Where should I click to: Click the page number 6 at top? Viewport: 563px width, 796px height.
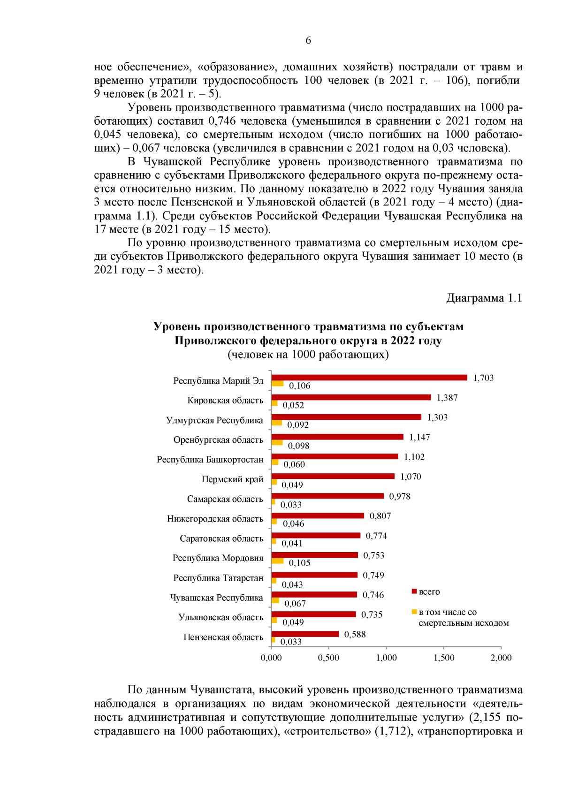[308, 40]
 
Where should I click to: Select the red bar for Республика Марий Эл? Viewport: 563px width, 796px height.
[369, 378]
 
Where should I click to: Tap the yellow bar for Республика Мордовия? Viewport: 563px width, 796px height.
[278, 561]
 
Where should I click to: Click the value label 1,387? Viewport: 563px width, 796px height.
[447, 398]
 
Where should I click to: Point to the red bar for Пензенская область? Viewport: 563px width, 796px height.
[305, 634]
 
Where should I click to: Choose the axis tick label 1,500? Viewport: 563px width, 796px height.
[444, 658]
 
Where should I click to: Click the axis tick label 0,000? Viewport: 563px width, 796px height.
[271, 658]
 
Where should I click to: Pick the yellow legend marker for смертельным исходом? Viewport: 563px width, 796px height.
[414, 612]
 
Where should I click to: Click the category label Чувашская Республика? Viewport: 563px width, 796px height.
[216, 598]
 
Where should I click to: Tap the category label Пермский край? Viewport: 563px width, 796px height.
[232, 479]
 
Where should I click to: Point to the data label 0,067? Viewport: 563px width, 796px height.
[295, 604]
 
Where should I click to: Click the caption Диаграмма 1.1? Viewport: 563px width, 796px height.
[484, 298]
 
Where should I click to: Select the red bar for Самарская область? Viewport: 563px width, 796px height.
[327, 496]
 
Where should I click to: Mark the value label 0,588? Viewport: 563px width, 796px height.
[355, 635]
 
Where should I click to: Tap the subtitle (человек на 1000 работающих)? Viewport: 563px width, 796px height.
[308, 354]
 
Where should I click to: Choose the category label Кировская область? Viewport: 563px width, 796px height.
[225, 401]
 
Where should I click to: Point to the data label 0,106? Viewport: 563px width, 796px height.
[299, 386]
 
